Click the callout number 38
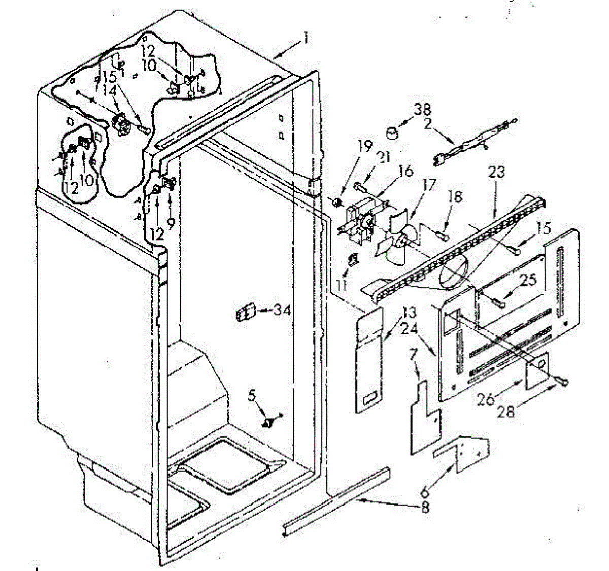pyautogui.click(x=422, y=110)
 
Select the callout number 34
pyautogui.click(x=280, y=309)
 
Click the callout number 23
pyautogui.click(x=496, y=173)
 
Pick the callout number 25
pyautogui.click(x=528, y=279)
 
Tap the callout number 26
pyautogui.click(x=486, y=400)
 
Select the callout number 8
pyautogui.click(x=425, y=507)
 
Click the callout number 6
pyautogui.click(x=425, y=491)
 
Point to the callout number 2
pyautogui.click(x=427, y=123)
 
